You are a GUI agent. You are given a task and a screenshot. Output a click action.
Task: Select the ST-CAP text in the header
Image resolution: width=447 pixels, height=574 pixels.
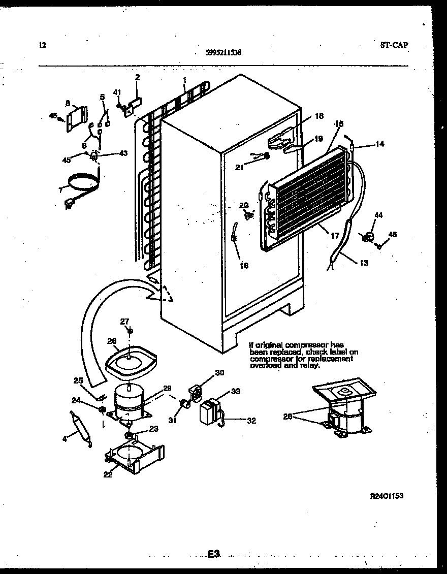click(394, 45)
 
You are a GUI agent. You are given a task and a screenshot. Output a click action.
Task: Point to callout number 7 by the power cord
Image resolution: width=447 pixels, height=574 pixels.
click(60, 190)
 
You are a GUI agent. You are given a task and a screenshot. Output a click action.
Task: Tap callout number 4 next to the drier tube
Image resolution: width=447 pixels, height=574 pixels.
click(65, 439)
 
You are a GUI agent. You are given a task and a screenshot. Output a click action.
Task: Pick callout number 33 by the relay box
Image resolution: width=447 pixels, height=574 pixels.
click(236, 391)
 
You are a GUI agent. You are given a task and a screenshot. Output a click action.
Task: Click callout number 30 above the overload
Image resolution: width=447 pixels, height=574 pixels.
click(219, 373)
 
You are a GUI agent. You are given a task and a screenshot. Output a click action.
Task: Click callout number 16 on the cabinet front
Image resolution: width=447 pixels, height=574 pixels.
click(244, 265)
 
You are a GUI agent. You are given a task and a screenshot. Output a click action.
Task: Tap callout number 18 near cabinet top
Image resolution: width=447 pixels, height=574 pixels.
click(318, 116)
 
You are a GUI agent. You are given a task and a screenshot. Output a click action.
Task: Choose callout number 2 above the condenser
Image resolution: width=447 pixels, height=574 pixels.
click(137, 77)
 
